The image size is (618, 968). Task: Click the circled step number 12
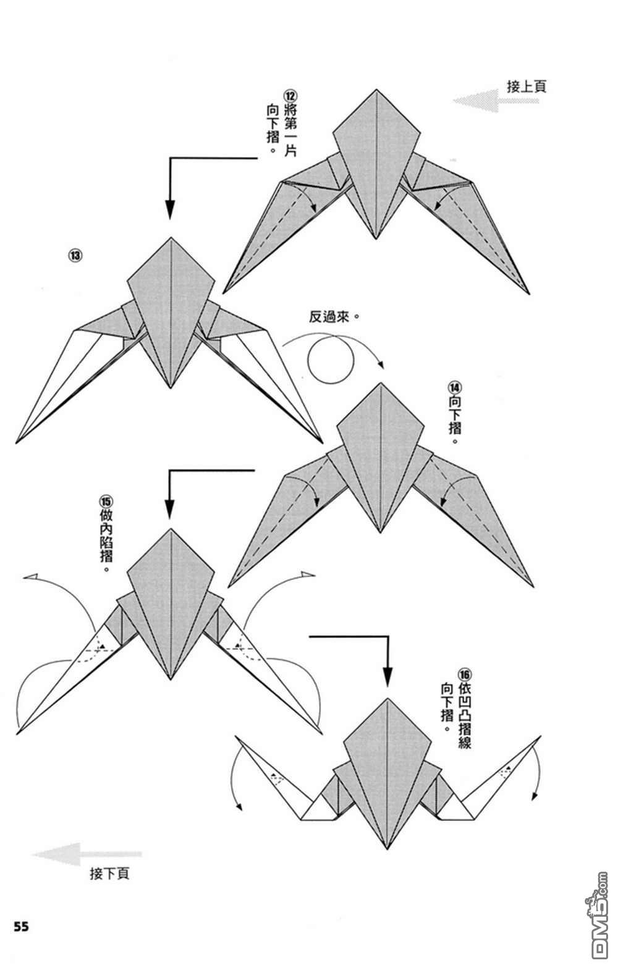pyautogui.click(x=290, y=96)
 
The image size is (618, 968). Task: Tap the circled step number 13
pyautogui.click(x=75, y=255)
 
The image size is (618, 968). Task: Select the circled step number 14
pyautogui.click(x=454, y=387)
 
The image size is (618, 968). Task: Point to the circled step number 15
pyautogui.click(x=106, y=502)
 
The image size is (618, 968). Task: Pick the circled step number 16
pyautogui.click(x=464, y=675)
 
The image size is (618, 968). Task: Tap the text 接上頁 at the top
pyautogui.click(x=527, y=86)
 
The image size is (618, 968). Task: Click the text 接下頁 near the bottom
pyautogui.click(x=109, y=873)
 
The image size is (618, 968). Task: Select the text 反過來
pyautogui.click(x=329, y=317)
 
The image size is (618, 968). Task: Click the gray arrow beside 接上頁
pyautogui.click(x=496, y=101)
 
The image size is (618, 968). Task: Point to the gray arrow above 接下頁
pyautogui.click(x=87, y=854)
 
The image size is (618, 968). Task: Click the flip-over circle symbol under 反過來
pyautogui.click(x=331, y=360)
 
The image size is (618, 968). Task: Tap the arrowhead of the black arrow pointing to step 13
pyautogui.click(x=170, y=209)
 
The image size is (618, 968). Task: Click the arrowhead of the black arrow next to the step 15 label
pyautogui.click(x=169, y=508)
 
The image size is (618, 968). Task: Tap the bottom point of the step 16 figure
pyautogui.click(x=387, y=849)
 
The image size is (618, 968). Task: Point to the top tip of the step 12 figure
pyautogui.click(x=376, y=90)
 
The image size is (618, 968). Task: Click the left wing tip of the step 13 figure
pyautogui.click(x=17, y=443)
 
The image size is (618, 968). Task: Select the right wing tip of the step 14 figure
pyautogui.click(x=533, y=586)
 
